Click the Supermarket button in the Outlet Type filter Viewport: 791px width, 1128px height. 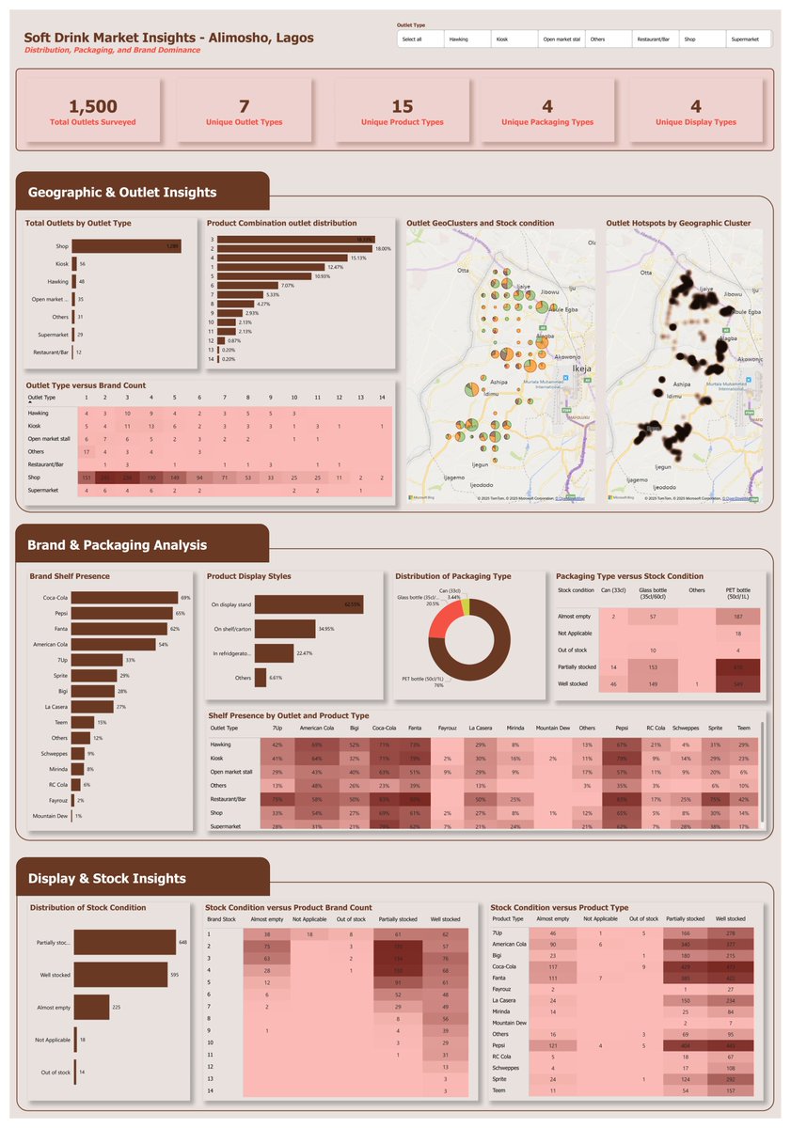coord(749,39)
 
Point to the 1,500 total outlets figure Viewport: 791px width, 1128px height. coord(93,106)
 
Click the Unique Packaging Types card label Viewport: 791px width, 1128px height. coord(546,122)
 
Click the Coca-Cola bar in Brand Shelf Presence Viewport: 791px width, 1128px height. coord(125,597)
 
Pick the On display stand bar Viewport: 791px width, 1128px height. coord(295,604)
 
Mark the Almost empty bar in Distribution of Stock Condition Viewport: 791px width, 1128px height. coord(92,1007)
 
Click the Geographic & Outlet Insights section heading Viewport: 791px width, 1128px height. coord(122,193)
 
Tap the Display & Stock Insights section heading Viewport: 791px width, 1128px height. coord(107,879)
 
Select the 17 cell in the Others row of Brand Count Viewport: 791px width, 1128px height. coord(87,452)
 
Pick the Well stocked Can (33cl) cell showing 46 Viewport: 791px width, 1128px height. coord(612,683)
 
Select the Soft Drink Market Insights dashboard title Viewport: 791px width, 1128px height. coord(169,38)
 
